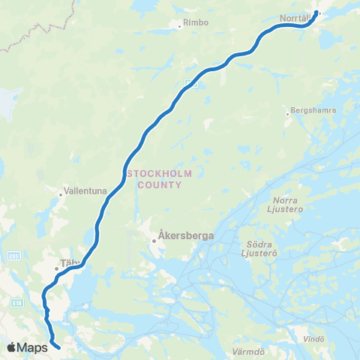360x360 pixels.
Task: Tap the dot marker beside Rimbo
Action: [x=180, y=27]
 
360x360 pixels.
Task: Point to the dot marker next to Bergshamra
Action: [x=286, y=114]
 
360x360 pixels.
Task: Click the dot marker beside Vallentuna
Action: [x=61, y=195]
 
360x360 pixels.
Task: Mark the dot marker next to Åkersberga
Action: [x=153, y=241]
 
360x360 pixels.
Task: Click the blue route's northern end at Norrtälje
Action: [x=317, y=13]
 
